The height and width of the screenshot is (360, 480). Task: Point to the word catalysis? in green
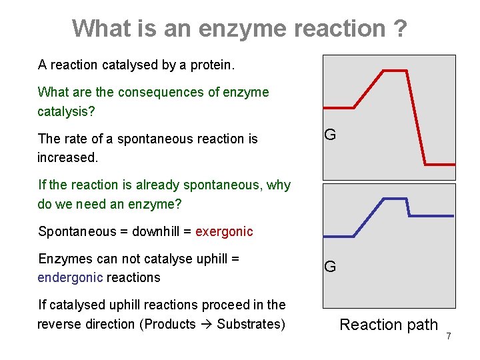[x=66, y=111]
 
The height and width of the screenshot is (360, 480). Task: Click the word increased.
[x=67, y=157]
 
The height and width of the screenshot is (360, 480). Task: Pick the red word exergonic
[x=224, y=231]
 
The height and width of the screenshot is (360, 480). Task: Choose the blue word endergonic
[x=70, y=277]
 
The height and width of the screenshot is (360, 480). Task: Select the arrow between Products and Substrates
[x=207, y=324]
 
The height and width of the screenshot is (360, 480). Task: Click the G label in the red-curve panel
[x=330, y=134]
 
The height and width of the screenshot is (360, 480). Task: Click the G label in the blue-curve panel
[x=330, y=267]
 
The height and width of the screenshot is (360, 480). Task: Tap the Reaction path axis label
[x=389, y=325]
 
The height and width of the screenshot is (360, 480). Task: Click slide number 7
[x=449, y=336]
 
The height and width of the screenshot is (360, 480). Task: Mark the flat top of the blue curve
[x=393, y=199]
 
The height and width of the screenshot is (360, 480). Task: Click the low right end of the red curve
[x=440, y=164]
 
